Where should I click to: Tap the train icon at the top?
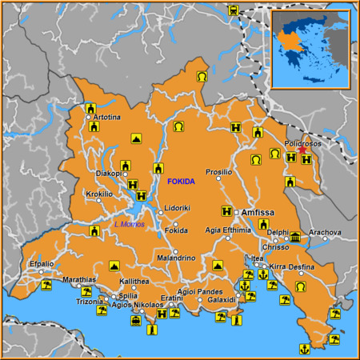(234, 11)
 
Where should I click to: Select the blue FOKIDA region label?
(181, 182)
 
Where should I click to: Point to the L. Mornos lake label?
(130, 223)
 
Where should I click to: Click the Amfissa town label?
(258, 212)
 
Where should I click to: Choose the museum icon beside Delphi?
(295, 238)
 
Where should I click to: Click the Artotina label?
(107, 118)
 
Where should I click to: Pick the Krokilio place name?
(99, 194)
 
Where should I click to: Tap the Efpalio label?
(42, 263)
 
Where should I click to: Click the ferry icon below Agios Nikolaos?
(137, 322)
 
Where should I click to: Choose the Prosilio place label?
(218, 172)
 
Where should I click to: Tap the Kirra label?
(278, 266)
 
